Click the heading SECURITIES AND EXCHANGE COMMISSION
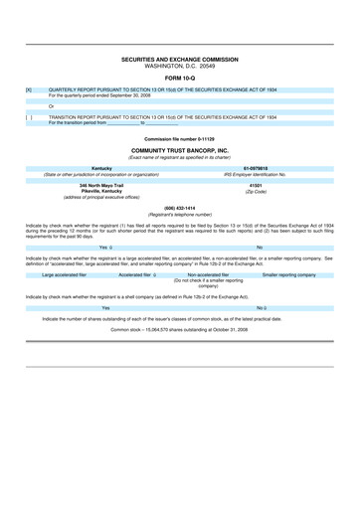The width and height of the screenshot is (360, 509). coord(180,60)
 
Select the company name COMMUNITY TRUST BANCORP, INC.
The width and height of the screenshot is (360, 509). coord(180,150)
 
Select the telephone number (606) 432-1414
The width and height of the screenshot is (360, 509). coord(180,208)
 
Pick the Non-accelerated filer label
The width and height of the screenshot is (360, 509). coord(208,274)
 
